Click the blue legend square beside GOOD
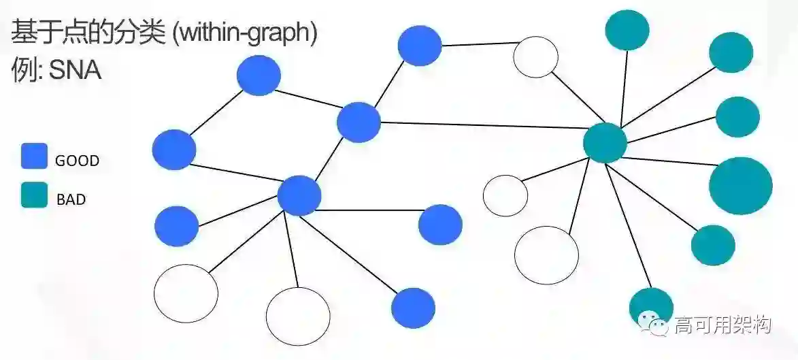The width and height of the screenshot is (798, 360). point(34,156)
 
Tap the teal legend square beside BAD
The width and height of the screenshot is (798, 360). point(34,195)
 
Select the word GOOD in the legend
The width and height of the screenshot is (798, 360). point(77,161)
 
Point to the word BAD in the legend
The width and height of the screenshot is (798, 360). point(71,200)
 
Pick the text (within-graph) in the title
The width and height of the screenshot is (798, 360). point(245,34)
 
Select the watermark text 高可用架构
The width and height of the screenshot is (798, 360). point(722,325)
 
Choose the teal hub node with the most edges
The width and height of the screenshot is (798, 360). point(605,143)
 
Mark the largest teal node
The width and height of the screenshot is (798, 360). point(741,185)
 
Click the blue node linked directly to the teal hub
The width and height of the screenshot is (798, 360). point(359,122)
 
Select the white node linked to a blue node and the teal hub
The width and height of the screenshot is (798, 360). point(535,57)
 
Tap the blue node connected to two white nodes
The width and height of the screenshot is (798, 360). point(299,195)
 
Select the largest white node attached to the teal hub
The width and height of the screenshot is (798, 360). point(546,255)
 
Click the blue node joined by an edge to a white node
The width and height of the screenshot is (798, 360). point(420,46)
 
